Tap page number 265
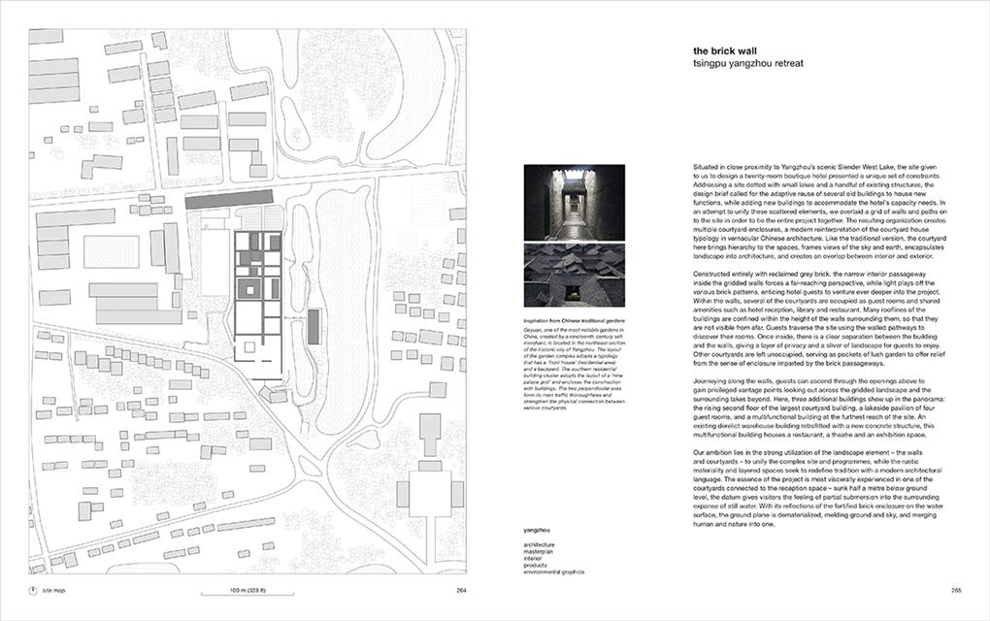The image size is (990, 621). (x=955, y=590)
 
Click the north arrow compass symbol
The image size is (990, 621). (x=33, y=590)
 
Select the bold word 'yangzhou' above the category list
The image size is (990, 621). (x=539, y=531)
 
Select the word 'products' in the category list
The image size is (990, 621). (x=538, y=567)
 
